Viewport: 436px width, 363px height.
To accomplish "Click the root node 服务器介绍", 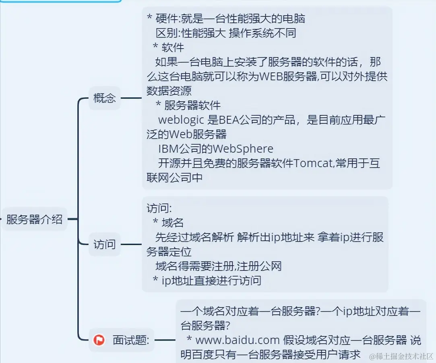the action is coord(34,219).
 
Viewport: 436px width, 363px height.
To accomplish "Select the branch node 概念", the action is coord(104,98).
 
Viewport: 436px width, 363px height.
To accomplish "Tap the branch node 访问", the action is coord(104,244).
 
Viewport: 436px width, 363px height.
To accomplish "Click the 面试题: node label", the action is coord(131,340).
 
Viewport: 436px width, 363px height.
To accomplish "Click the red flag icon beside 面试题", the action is coord(99,340).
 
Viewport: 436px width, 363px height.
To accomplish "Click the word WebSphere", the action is coord(243,149).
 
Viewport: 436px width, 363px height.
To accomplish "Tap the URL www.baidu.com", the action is coord(237,340).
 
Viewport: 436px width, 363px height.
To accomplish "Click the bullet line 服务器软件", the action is coord(192,105).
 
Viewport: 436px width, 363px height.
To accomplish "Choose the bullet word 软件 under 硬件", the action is coord(173,47).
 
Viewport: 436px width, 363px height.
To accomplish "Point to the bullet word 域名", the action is coord(173,222).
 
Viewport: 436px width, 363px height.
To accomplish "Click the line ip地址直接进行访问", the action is coord(211,280).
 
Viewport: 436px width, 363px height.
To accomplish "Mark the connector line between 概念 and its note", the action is coord(131,98).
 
